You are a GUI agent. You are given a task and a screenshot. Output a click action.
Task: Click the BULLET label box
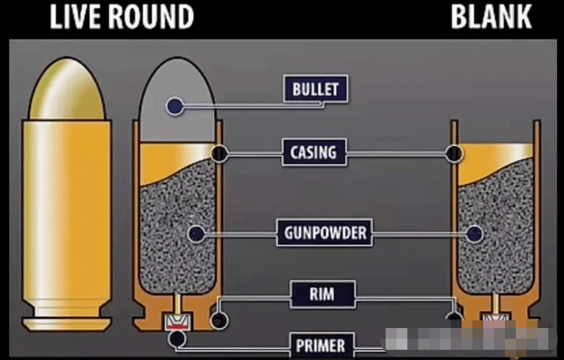(x=315, y=90)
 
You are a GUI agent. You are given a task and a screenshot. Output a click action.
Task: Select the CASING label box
(x=314, y=153)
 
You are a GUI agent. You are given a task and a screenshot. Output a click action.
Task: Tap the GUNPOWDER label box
(x=324, y=233)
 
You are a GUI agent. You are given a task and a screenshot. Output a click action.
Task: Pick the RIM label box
(x=322, y=295)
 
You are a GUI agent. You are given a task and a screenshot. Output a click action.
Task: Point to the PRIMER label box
(x=320, y=346)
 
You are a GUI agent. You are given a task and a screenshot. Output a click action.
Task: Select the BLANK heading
(x=492, y=17)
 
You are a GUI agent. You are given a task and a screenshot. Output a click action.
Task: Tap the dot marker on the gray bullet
(x=175, y=107)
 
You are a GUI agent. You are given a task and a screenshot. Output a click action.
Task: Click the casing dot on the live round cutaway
(x=219, y=154)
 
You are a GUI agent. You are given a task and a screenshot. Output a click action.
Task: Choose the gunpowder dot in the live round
(x=195, y=233)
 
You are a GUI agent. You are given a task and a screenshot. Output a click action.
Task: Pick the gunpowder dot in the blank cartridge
(x=475, y=233)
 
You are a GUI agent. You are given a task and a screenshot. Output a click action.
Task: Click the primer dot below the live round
(x=177, y=339)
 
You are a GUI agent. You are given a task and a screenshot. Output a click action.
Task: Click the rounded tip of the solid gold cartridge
(x=67, y=84)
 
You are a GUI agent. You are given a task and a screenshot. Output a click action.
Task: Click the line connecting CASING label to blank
(x=398, y=154)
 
